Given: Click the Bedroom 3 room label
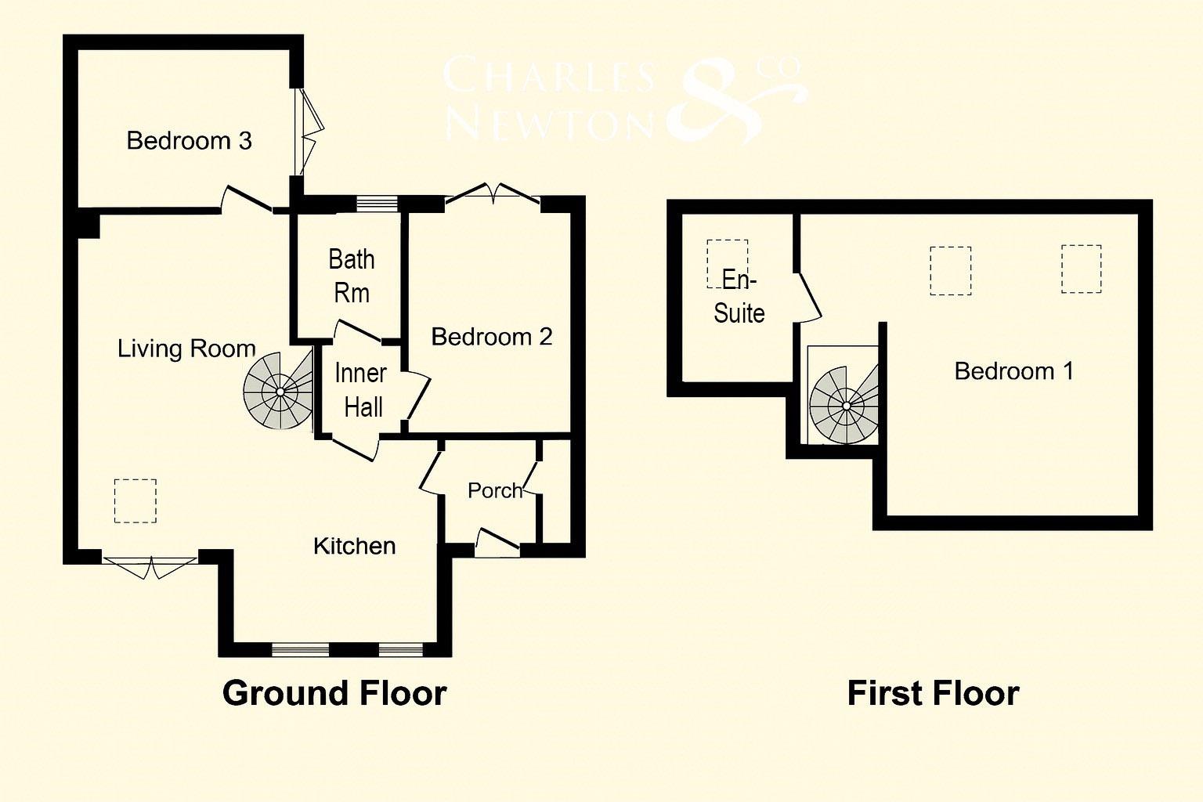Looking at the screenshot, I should pyautogui.click(x=189, y=141).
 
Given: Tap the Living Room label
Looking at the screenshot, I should pyautogui.click(x=186, y=349).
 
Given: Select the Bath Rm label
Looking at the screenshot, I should pyautogui.click(x=351, y=276).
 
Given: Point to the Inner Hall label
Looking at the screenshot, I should pyautogui.click(x=360, y=390).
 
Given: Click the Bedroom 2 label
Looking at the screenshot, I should pyautogui.click(x=492, y=337).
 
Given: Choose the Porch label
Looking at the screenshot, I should pyautogui.click(x=494, y=490).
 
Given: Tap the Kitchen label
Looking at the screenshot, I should pyautogui.click(x=354, y=546).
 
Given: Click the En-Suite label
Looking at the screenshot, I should pyautogui.click(x=739, y=297).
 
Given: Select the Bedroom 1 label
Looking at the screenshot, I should pyautogui.click(x=1013, y=370).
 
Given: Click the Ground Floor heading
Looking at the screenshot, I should pyautogui.click(x=334, y=693).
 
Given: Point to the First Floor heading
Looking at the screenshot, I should pyautogui.click(x=933, y=693).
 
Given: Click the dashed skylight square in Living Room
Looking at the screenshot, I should pyautogui.click(x=135, y=500).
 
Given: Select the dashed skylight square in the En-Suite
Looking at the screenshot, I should pyautogui.click(x=727, y=258).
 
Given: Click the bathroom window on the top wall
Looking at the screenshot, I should pyautogui.click(x=377, y=204).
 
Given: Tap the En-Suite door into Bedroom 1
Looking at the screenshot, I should pyautogui.click(x=808, y=297).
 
